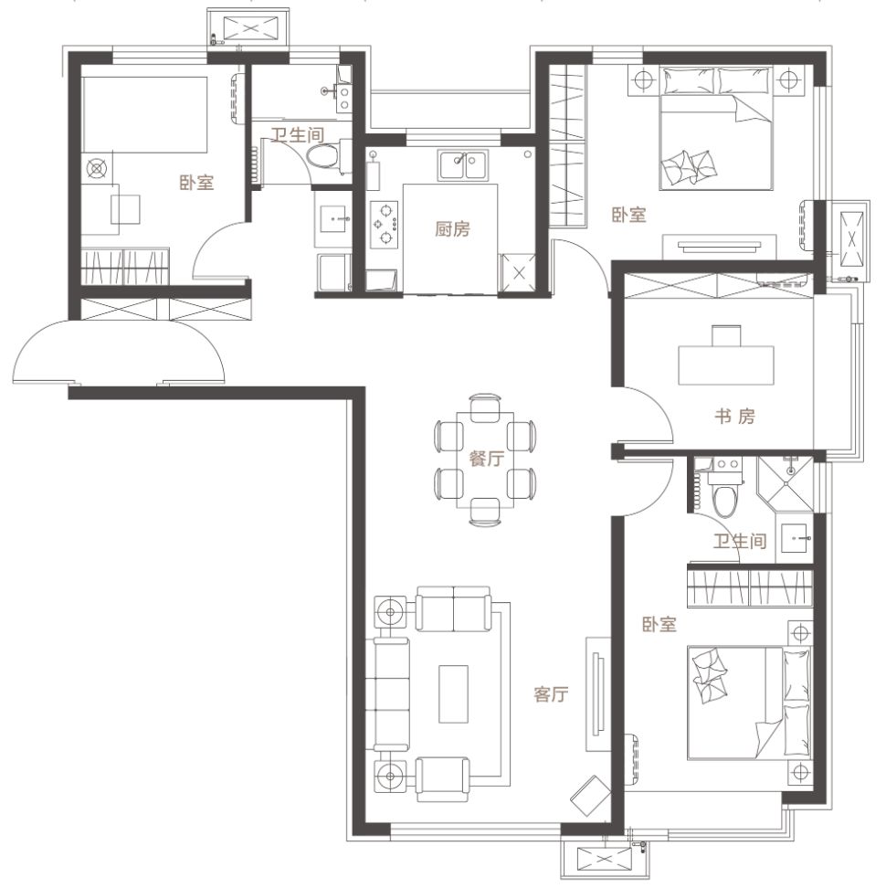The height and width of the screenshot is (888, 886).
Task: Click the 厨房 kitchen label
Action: point(452,228)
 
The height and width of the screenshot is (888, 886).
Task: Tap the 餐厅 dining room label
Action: point(486,458)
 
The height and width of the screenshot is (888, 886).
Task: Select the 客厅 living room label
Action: point(551,693)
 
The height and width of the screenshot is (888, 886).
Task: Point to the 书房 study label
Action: point(734,417)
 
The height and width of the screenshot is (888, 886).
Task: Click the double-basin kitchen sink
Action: point(462,165)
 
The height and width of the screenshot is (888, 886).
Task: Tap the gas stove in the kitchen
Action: point(385,224)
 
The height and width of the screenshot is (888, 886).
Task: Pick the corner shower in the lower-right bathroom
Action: point(785,481)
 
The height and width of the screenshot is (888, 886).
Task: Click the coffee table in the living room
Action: point(453,693)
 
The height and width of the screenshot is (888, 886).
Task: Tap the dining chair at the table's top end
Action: point(485,406)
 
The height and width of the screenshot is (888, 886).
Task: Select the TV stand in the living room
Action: point(598,693)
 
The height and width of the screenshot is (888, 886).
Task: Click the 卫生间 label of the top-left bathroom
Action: point(297,135)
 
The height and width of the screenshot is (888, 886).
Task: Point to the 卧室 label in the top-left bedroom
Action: point(196,183)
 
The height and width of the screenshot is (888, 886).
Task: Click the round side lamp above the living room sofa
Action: point(390,612)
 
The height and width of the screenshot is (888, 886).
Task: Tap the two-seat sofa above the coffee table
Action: point(453,608)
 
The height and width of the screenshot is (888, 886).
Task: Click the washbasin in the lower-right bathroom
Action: point(796,537)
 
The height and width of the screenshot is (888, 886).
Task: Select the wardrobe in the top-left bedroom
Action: point(125,266)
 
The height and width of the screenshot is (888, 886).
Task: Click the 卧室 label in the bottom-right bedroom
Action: point(659,624)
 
